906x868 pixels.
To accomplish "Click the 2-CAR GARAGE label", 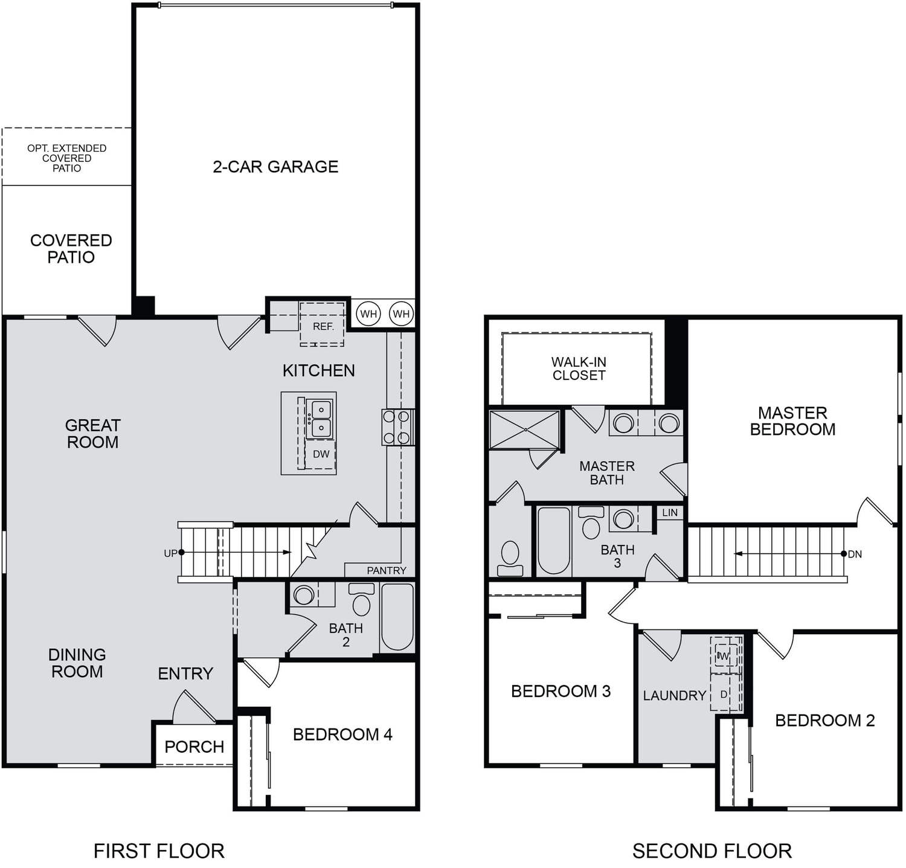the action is [x=275, y=167].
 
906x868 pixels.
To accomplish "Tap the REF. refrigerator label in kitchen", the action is [x=323, y=326].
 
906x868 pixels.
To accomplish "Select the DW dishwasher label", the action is [x=321, y=454].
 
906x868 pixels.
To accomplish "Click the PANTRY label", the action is [x=387, y=570].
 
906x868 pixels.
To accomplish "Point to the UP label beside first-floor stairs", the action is [x=171, y=553].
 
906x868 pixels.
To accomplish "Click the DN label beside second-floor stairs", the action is [x=855, y=554].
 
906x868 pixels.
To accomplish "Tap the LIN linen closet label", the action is [x=670, y=512].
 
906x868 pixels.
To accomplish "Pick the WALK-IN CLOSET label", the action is [x=579, y=368].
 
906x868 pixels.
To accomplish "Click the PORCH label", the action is [x=194, y=747].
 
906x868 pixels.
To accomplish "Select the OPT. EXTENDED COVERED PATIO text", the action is [x=66, y=158].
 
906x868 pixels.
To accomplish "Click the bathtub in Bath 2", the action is [x=397, y=617].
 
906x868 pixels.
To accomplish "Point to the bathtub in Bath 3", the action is [x=553, y=541].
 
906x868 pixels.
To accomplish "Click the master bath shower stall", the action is [x=524, y=429].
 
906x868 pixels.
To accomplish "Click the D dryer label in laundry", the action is [x=724, y=695].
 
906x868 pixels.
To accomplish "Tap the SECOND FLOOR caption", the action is [x=712, y=851].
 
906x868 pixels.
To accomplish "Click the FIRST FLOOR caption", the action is [x=159, y=851].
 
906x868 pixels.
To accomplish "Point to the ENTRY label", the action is [x=185, y=674].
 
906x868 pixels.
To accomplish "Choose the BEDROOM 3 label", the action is [x=561, y=691].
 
